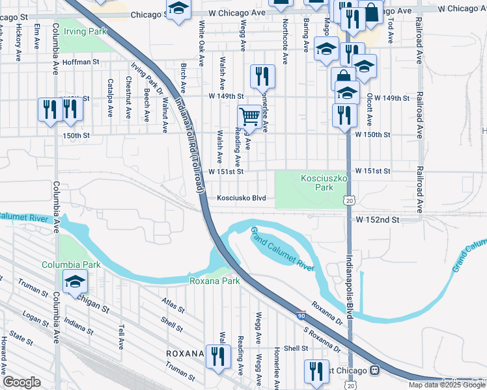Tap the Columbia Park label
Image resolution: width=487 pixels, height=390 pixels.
[x=72, y=265]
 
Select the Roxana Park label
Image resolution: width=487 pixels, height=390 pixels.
[x=214, y=281]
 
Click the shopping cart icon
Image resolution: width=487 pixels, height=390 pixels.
[x=249, y=118]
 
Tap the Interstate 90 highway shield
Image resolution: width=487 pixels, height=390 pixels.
[x=300, y=314]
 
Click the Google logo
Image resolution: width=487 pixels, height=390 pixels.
[x=21, y=382]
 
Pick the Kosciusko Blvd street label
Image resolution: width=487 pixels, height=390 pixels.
[x=242, y=198]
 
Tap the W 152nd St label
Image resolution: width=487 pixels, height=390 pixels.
[x=376, y=220]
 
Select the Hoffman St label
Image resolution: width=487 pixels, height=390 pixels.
[x=81, y=62]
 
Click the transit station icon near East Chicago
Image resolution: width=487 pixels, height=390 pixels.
[x=374, y=370]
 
